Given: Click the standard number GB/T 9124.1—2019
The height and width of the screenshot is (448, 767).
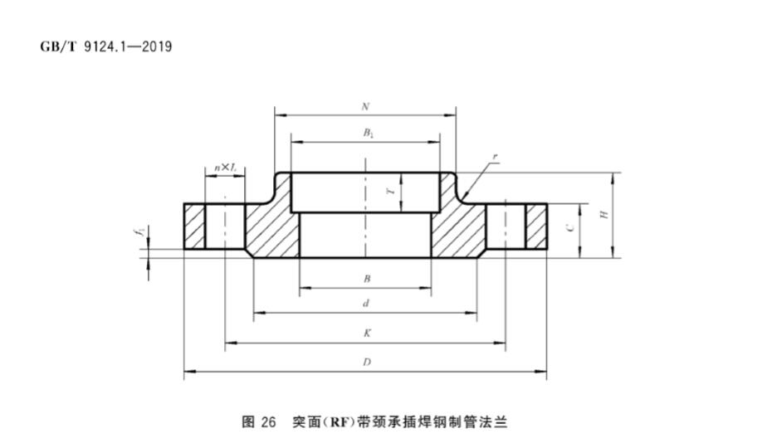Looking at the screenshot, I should tap(105, 46).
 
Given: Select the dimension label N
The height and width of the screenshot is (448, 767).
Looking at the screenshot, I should tap(365, 107).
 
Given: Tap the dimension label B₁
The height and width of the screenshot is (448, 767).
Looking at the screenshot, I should tap(365, 133).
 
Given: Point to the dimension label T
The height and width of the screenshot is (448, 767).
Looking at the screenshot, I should tap(390, 192).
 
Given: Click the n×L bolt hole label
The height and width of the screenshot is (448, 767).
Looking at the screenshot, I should tap(225, 167).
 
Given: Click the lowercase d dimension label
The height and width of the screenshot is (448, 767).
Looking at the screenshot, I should tap(365, 304).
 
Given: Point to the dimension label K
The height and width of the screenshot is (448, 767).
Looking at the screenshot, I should tap(366, 333).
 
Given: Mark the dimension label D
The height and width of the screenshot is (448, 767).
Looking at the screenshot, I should tap(366, 363).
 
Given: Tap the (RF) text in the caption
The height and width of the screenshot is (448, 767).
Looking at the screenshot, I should tap(338, 421).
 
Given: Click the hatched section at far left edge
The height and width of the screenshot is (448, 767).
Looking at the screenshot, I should tap(194, 226).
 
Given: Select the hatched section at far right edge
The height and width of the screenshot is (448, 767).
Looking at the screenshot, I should tap(536, 226).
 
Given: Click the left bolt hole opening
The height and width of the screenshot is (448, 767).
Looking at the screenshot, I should tap(224, 226).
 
